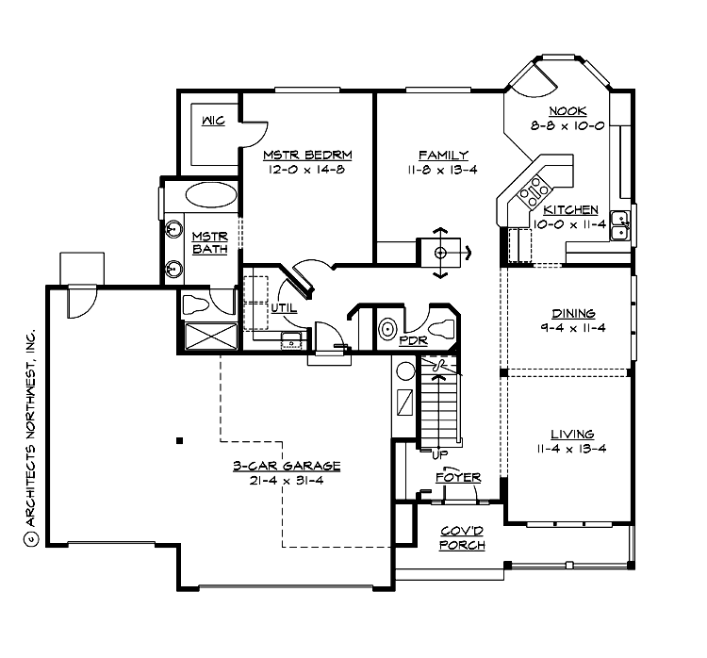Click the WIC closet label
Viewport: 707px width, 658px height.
click(x=213, y=121)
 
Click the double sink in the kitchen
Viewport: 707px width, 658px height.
click(x=620, y=225)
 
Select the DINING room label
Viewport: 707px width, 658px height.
click(x=573, y=313)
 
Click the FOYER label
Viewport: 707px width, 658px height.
click(x=457, y=478)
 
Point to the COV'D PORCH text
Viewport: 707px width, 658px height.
click(x=463, y=538)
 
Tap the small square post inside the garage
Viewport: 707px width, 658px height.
click(x=178, y=440)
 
